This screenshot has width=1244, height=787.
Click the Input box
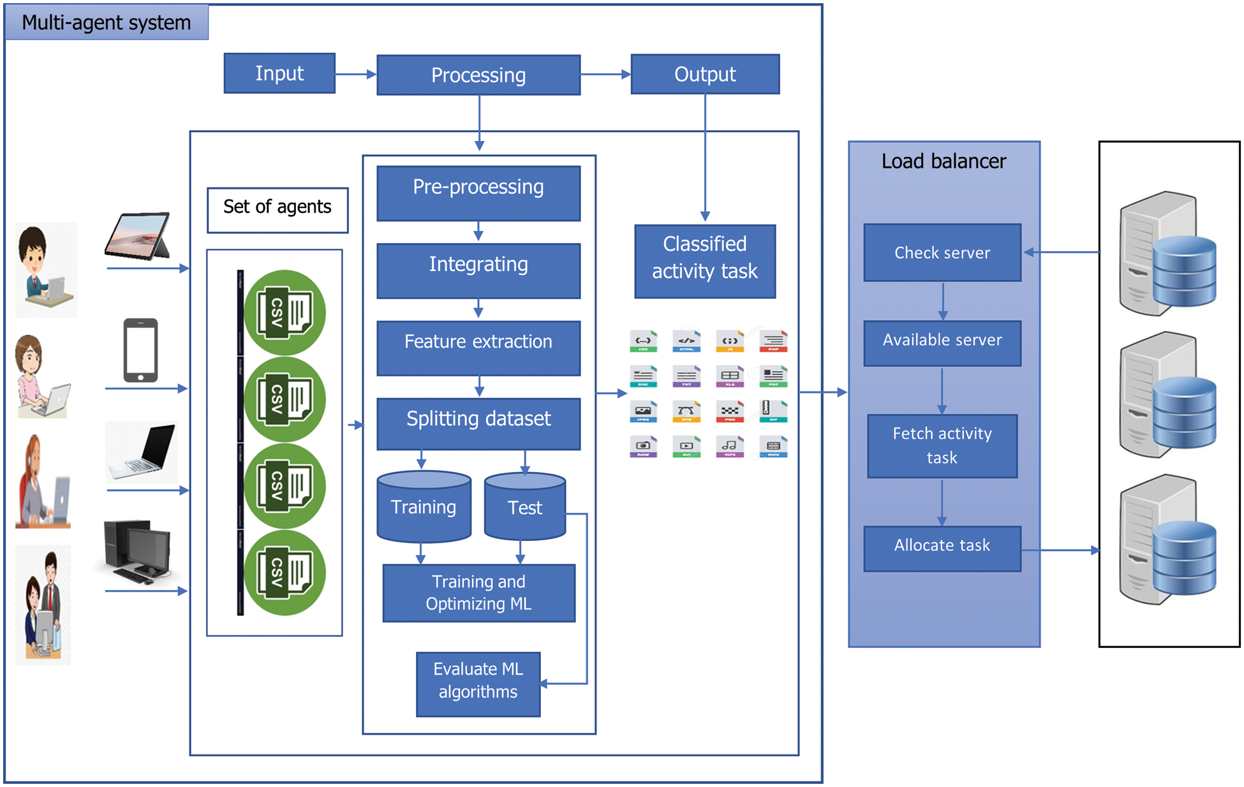point(279,73)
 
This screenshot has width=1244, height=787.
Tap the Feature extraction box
point(478,347)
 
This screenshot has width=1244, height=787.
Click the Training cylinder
point(424,508)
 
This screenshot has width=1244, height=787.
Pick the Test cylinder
point(524,508)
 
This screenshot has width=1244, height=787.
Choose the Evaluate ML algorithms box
point(478,683)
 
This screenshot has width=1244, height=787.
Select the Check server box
point(942,253)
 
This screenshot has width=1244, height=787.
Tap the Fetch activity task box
point(942,445)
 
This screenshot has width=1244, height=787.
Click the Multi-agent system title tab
point(106,22)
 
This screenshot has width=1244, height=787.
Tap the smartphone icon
point(140,350)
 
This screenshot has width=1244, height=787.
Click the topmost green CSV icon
point(285,313)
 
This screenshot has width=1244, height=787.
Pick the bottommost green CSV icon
point(285,572)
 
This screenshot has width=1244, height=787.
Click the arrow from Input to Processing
point(355,74)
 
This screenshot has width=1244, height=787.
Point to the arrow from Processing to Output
point(605,74)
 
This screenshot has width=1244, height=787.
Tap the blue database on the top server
point(1184,272)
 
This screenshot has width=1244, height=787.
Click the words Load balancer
point(943,161)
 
